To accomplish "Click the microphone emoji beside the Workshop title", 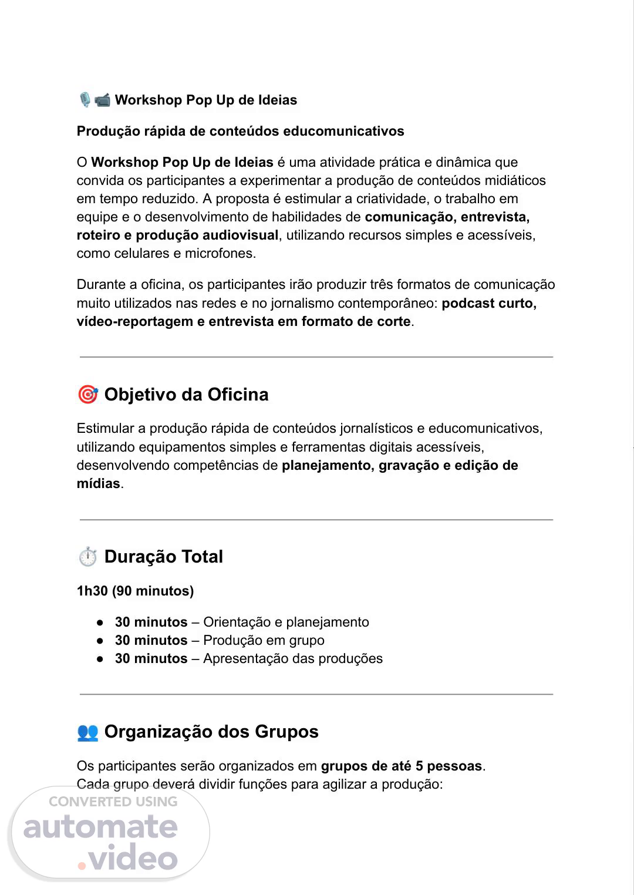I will [x=85, y=100].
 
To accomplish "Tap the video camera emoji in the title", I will [x=102, y=100].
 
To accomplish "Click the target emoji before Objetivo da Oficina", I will [x=87, y=395].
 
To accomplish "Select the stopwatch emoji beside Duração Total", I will [x=87, y=557].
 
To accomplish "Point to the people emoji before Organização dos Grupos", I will [x=87, y=732].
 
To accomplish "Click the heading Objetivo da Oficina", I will [x=186, y=395].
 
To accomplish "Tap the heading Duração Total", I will [x=163, y=557].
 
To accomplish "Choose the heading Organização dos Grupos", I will [x=211, y=732].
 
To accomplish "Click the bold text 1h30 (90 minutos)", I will [x=135, y=591].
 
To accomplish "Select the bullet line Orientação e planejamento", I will [x=242, y=622].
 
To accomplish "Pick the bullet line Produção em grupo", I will [x=220, y=640].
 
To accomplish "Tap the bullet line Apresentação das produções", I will [x=249, y=658].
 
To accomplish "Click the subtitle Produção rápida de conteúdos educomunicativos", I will [x=240, y=131].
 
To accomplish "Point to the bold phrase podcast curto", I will [x=489, y=303].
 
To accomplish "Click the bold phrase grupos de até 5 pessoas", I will [x=401, y=766].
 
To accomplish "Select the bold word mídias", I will [x=98, y=484].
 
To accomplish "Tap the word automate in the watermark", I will [x=100, y=827].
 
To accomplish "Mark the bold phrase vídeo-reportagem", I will [x=134, y=321].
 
